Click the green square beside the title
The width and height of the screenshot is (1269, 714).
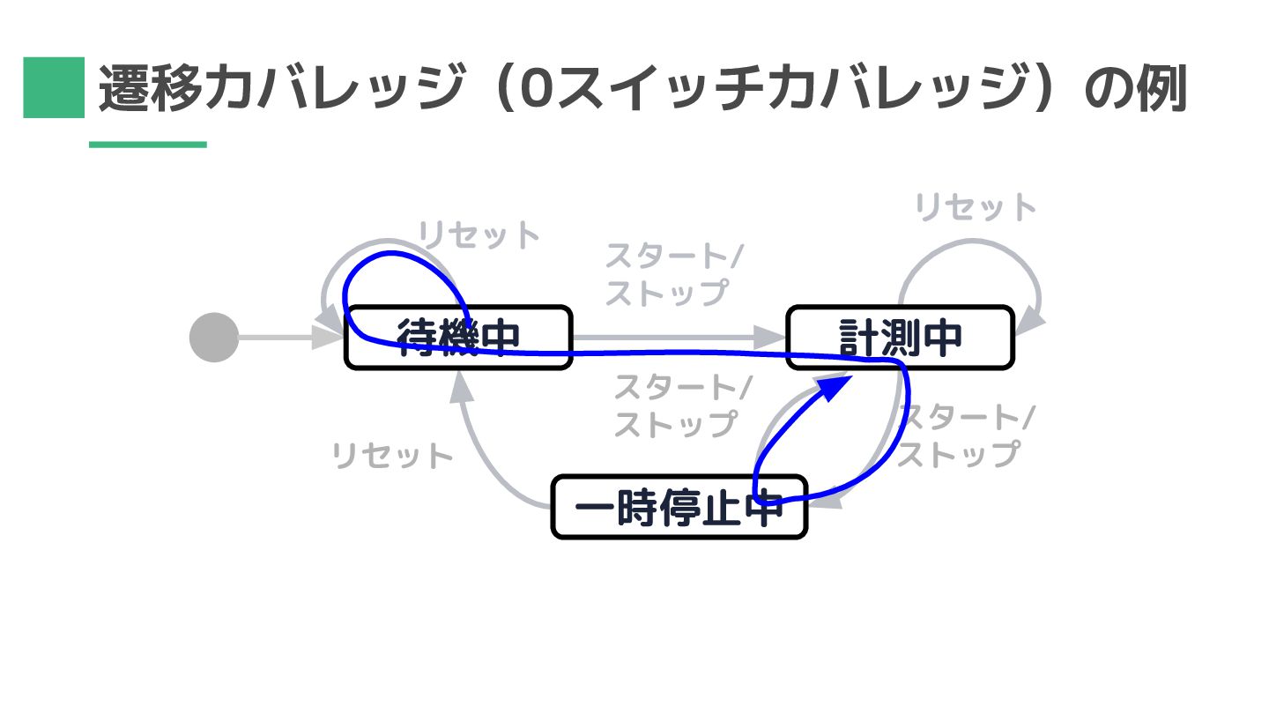53,87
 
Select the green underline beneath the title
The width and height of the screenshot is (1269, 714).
147,145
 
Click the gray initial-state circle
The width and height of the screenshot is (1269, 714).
214,338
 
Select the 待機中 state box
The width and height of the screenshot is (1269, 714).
458,337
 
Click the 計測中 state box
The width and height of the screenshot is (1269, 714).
900,337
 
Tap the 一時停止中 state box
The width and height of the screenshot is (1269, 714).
679,507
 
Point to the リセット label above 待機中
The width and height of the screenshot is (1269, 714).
479,235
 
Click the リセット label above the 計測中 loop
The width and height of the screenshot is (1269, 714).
976,208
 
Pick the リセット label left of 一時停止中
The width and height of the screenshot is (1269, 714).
392,457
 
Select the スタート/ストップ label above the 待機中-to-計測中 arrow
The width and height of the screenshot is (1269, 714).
672,274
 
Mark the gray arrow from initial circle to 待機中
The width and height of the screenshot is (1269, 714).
278,338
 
